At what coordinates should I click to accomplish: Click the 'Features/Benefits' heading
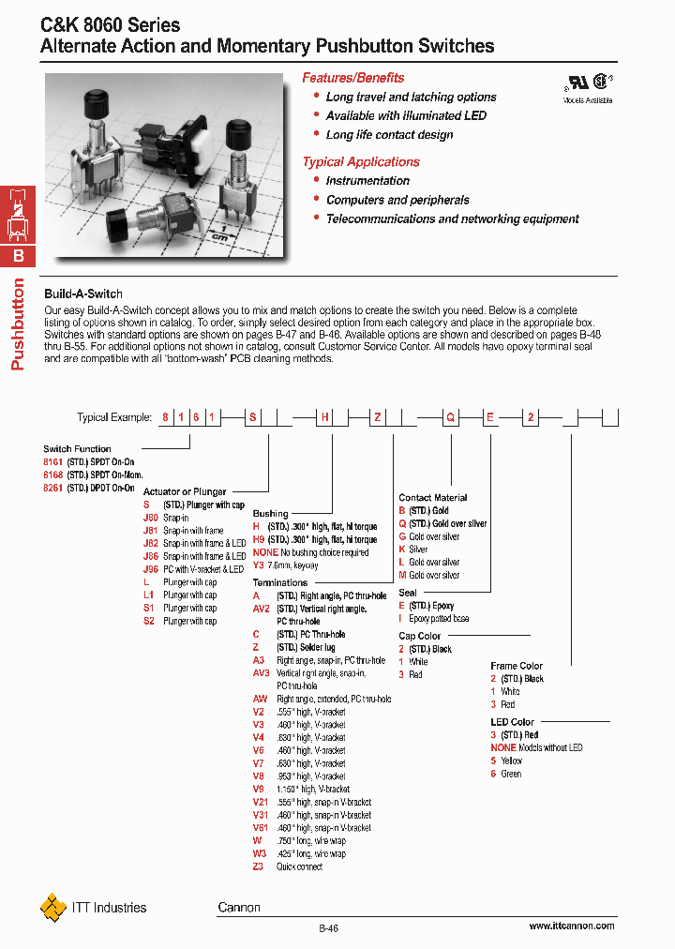(353, 78)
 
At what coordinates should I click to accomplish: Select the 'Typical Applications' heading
(361, 162)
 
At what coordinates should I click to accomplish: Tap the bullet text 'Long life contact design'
(389, 135)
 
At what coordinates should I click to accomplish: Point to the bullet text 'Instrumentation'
(367, 181)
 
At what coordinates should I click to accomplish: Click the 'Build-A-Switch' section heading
(83, 294)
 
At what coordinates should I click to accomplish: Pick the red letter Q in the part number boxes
(451, 418)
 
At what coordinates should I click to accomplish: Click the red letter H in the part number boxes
(325, 418)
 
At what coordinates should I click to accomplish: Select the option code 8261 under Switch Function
(52, 488)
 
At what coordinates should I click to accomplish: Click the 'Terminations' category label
(279, 582)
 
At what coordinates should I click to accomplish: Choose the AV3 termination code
(261, 672)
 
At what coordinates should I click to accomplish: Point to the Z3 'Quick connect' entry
(259, 866)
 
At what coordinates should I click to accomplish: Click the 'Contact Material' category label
(432, 498)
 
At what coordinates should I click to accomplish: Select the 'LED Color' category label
(512, 722)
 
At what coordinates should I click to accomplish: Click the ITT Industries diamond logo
(53, 907)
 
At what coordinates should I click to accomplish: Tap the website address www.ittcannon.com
(571, 926)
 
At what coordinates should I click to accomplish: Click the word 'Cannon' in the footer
(239, 907)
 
